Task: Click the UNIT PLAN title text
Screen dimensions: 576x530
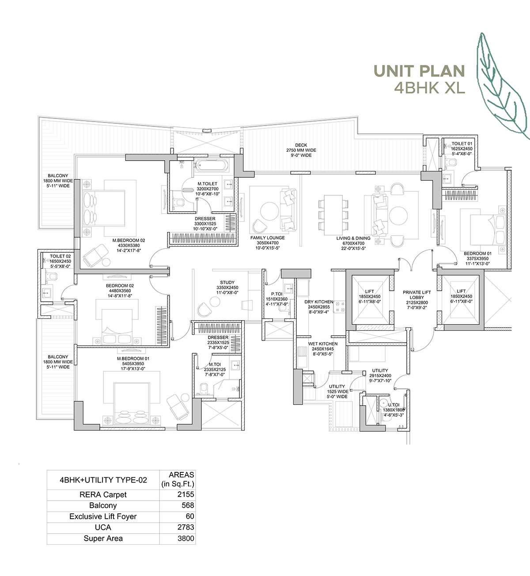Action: [419, 71]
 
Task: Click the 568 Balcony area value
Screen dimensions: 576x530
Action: [187, 505]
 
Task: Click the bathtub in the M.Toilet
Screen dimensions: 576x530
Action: [211, 166]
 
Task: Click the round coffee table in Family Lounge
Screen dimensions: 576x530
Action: [269, 210]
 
